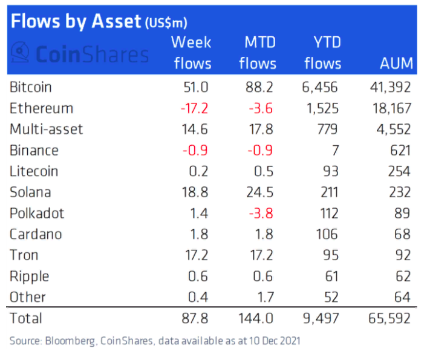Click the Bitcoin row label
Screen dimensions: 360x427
(31, 87)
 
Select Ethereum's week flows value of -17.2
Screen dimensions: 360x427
(194, 108)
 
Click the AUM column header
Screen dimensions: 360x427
(396, 63)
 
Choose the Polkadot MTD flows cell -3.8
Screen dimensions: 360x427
(259, 214)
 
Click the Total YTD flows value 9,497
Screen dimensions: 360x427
(321, 318)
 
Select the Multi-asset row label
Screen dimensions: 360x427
(47, 129)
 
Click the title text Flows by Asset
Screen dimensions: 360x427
(75, 22)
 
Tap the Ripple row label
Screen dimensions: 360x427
(30, 277)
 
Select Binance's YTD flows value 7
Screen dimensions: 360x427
(334, 150)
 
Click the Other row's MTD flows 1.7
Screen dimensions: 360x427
(264, 297)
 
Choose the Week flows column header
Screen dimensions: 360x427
(192, 53)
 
